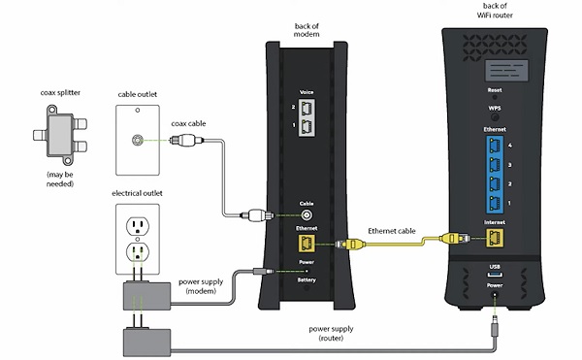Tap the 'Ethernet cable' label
[x=392, y=231]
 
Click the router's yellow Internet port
[x=495, y=237]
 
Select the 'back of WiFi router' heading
[x=495, y=13]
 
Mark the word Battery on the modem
[x=307, y=279]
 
